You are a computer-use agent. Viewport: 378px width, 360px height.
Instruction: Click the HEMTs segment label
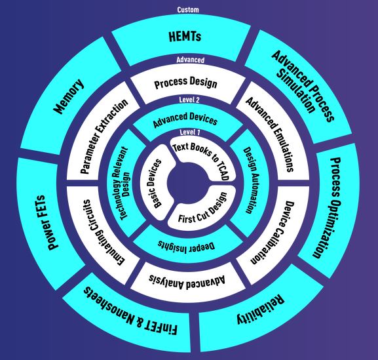[185, 37]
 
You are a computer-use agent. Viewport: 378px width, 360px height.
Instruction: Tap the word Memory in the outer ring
[69, 96]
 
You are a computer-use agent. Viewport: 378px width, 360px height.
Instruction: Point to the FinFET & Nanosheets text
[130, 311]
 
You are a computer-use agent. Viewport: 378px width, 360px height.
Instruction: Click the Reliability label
[260, 310]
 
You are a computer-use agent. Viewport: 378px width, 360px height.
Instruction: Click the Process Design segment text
[185, 83]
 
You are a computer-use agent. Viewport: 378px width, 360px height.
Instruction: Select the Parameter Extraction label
[104, 136]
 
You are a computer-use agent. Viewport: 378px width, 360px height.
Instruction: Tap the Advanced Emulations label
[269, 134]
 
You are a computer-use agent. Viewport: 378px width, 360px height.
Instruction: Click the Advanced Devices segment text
[185, 119]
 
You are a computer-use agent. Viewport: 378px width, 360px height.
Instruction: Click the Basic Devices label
[155, 184]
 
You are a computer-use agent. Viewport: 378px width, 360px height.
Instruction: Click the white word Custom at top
[188, 10]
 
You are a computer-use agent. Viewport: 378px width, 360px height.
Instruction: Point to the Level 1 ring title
[190, 132]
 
